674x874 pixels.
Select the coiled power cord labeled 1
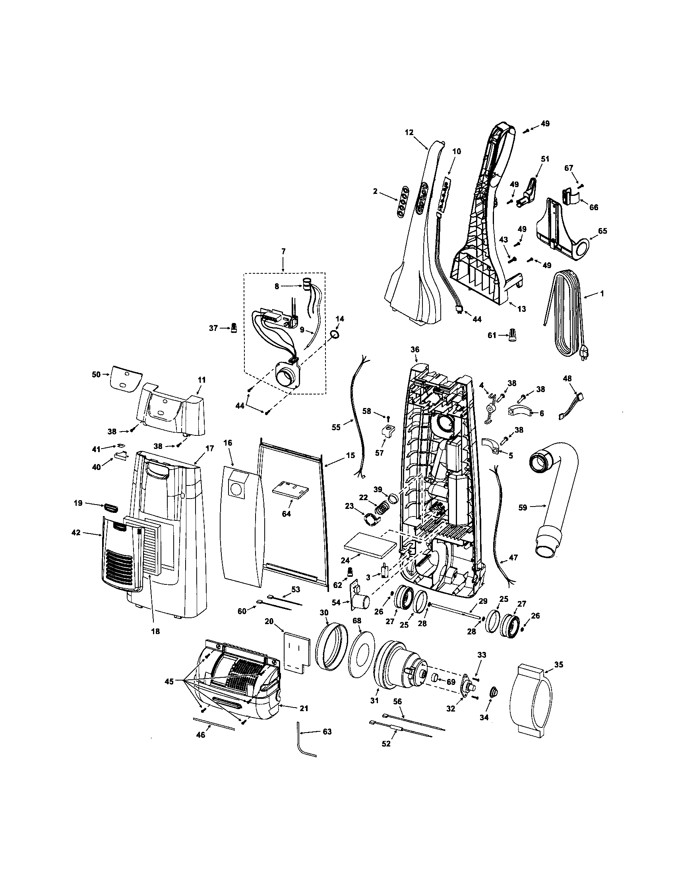coord(568,312)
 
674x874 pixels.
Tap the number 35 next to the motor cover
coord(559,665)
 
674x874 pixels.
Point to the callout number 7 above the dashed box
coord(283,251)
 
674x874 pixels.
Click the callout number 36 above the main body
coord(414,349)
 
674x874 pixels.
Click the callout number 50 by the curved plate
coord(96,375)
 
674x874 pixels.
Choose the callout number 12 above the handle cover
coord(409,132)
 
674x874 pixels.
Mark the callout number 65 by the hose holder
coord(602,231)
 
